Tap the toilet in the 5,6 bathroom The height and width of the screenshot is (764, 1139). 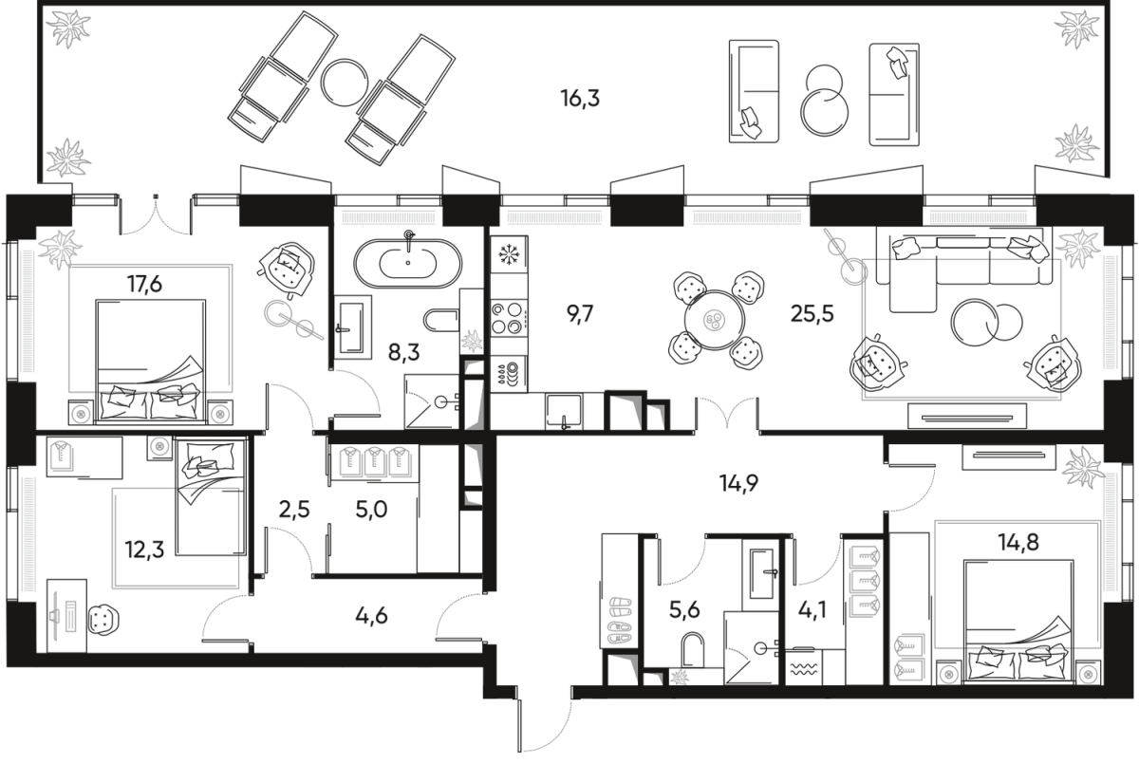coord(694,653)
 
